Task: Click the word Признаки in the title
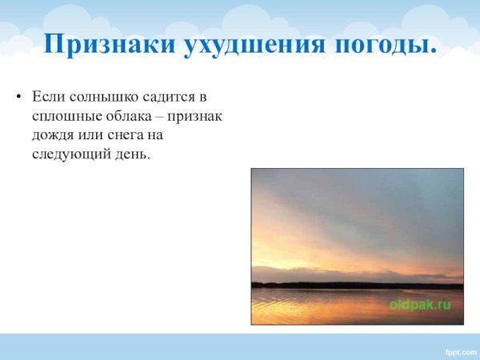[x=109, y=45]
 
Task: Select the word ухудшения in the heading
[x=254, y=45]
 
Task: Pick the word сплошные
[x=64, y=115]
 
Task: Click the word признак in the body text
[x=194, y=115]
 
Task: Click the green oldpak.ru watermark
[x=419, y=305]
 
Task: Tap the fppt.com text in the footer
[x=460, y=350]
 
